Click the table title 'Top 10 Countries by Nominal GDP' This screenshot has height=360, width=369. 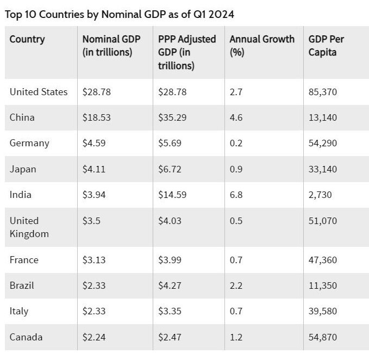(x=120, y=15)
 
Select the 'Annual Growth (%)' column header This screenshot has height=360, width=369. (x=262, y=46)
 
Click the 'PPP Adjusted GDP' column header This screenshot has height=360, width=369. (x=187, y=52)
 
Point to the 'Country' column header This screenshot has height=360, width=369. (x=27, y=39)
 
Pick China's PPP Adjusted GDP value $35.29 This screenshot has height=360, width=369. (x=172, y=117)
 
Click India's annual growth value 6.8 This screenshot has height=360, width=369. (x=236, y=195)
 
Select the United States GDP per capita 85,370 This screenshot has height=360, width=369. (x=323, y=92)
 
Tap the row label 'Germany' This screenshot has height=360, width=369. (x=29, y=143)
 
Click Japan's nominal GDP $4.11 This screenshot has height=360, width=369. (x=95, y=169)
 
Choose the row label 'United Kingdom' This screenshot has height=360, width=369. (x=29, y=227)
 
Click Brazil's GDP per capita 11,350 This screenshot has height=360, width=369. (x=322, y=285)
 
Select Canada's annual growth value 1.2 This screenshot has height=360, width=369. (x=236, y=337)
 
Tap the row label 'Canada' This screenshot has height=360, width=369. (x=26, y=337)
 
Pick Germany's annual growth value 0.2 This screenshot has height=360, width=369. (x=236, y=143)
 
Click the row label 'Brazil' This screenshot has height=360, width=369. (x=22, y=285)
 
